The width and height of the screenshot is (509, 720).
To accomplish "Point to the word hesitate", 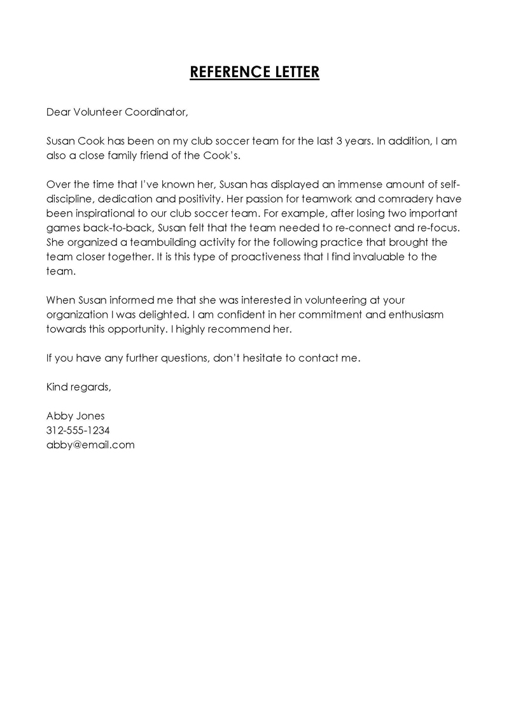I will pos(265,358).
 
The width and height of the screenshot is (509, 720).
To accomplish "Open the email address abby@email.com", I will pos(90,445).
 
